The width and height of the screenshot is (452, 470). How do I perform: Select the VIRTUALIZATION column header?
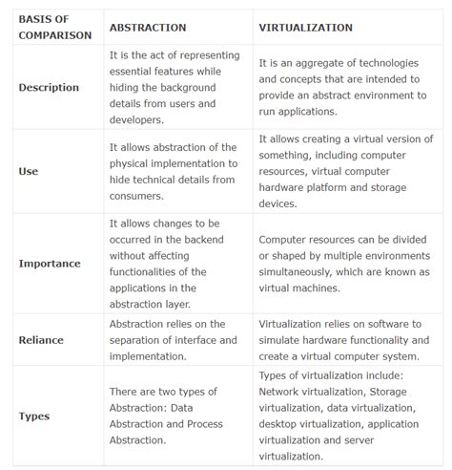pyautogui.click(x=305, y=28)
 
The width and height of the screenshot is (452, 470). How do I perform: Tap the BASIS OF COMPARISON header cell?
pyautogui.click(x=55, y=28)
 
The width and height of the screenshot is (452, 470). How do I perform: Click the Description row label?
pyautogui.click(x=49, y=87)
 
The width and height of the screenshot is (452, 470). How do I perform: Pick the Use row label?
pyautogui.click(x=29, y=171)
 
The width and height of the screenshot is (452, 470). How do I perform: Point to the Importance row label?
pyautogui.click(x=50, y=263)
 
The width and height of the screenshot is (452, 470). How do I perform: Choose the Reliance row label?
pyautogui.click(x=43, y=339)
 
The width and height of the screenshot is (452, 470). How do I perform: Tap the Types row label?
pyautogui.click(x=34, y=416)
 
